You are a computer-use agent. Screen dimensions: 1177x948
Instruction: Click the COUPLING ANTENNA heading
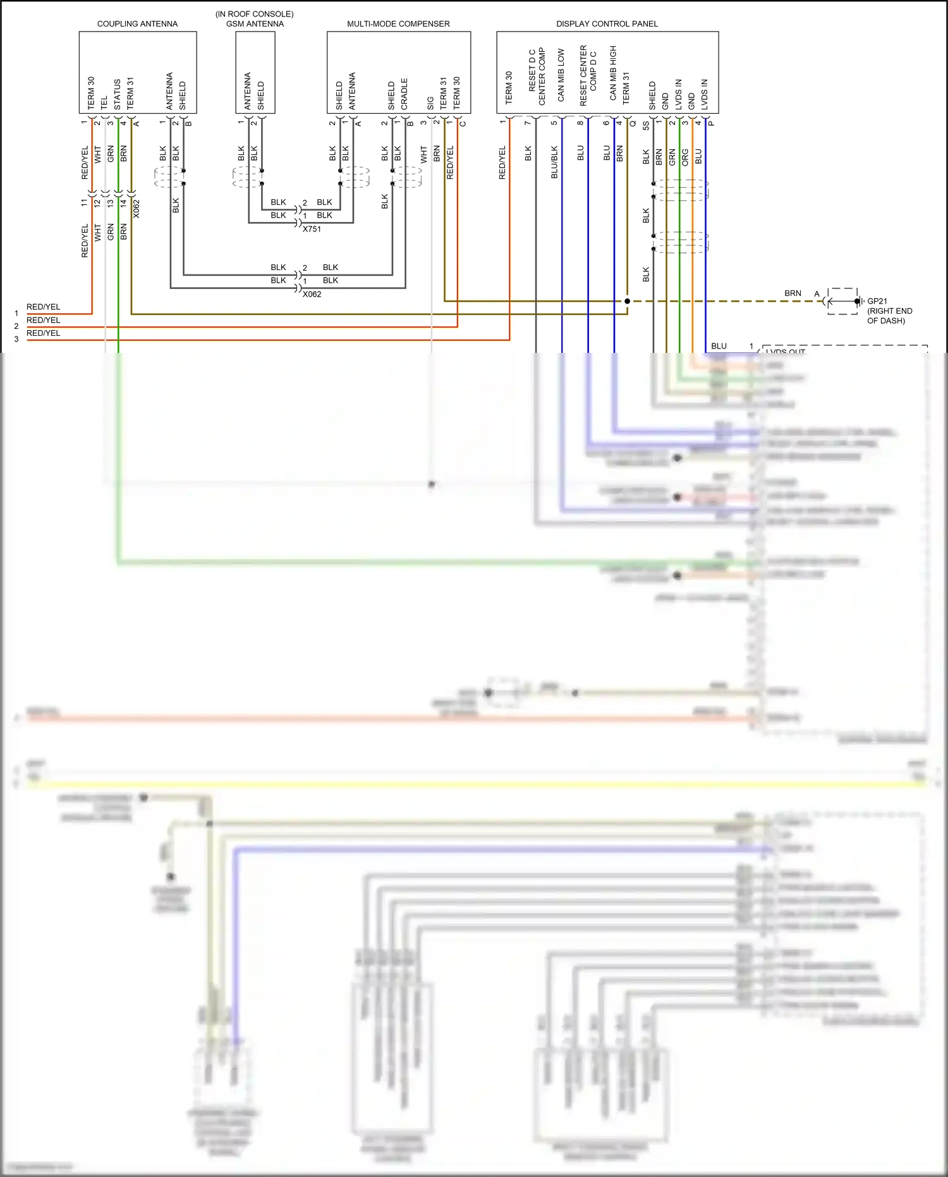137,24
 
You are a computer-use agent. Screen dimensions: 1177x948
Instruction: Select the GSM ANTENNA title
255,24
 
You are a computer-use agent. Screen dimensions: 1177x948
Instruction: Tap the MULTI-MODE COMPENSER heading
398,24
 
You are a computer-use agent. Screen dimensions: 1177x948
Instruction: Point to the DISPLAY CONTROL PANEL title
607,24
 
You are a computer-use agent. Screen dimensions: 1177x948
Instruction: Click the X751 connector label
312,230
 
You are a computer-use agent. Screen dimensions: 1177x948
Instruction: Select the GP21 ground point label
877,302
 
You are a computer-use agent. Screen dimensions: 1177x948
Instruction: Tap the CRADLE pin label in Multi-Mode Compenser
404,94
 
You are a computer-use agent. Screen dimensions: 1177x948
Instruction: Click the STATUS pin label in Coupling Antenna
118,94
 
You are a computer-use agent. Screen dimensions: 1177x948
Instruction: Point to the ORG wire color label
685,157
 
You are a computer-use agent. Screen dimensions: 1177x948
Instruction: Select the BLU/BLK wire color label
554,163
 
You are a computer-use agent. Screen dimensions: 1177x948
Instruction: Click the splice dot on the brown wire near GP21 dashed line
627,301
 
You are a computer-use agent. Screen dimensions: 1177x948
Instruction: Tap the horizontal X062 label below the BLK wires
312,295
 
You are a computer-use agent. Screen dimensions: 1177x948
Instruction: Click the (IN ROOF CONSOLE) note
254,14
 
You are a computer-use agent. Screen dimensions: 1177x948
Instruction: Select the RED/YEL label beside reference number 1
43,307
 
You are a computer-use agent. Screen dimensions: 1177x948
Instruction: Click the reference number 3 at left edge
16,340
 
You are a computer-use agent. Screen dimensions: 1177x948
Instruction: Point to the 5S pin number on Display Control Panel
646,126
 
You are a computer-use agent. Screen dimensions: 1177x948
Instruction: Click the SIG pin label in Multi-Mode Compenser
430,103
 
